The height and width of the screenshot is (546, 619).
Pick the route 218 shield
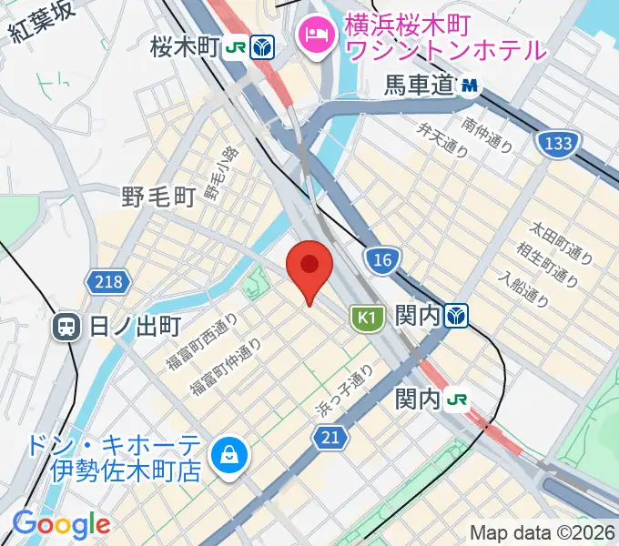pos(107,283)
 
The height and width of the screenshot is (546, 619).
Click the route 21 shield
pos(333,439)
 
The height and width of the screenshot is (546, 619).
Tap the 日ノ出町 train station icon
pos(66,327)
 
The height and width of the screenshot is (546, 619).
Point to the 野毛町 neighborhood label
pos(158,195)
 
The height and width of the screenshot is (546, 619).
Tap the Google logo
pos(60,524)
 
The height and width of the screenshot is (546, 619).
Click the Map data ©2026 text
pos(543,532)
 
